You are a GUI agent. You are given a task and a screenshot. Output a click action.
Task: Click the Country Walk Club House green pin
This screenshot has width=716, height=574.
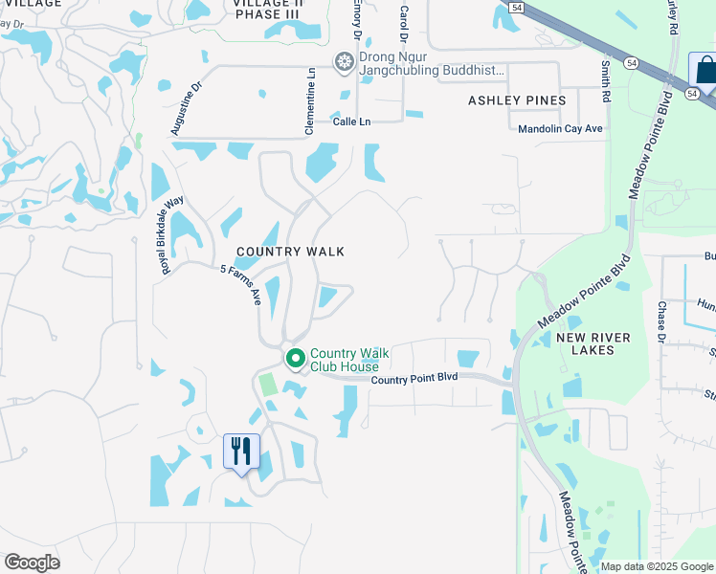pos(296,359)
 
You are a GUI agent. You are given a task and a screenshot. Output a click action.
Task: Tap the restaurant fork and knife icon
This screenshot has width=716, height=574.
pos(240,450)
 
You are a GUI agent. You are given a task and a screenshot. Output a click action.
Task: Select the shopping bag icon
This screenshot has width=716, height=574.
pos(705,72)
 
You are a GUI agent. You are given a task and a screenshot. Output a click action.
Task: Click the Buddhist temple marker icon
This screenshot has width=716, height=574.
pos(345,62)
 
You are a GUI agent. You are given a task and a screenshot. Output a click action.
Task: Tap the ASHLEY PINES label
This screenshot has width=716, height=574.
pos(517,100)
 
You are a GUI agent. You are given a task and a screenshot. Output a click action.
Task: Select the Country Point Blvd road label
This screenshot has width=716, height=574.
pos(414,378)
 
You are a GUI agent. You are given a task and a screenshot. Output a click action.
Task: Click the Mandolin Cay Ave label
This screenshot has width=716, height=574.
pos(560,128)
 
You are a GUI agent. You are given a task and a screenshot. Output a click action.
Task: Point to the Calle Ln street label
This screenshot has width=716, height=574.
pos(351,121)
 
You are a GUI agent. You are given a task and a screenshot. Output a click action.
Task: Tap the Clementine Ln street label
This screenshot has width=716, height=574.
pos(311,86)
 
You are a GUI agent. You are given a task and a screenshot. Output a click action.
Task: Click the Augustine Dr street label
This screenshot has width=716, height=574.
pos(187,106)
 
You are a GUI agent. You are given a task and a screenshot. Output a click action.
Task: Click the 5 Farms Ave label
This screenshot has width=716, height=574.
pos(240,284)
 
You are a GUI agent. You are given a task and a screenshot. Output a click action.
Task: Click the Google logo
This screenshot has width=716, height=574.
pos(32,563)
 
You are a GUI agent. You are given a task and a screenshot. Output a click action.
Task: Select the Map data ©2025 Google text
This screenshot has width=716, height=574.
pos(657,566)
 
